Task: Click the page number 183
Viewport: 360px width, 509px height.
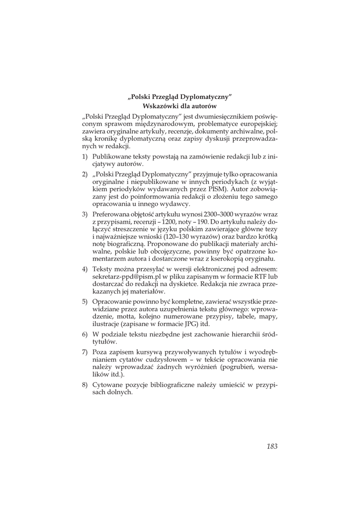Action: tap(271, 446)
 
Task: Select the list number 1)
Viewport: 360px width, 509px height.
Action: tap(86, 156)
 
